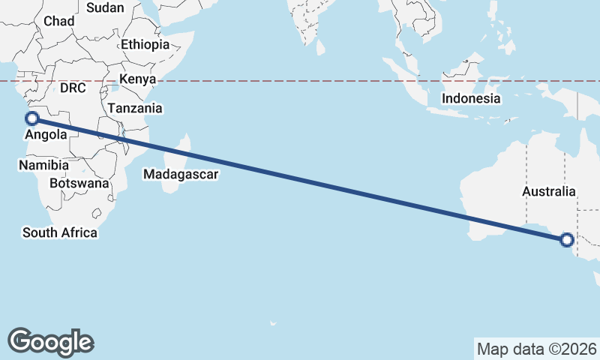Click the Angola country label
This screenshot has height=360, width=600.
pyautogui.click(x=46, y=135)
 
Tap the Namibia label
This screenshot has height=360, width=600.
pyautogui.click(x=44, y=165)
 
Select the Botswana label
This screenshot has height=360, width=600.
pyautogui.click(x=79, y=183)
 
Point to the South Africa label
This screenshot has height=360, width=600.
pyautogui.click(x=60, y=232)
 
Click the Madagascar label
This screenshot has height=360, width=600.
pyautogui.click(x=181, y=175)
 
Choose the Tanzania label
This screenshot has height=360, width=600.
pyautogui.click(x=135, y=108)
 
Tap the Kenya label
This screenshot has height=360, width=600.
pyautogui.click(x=138, y=79)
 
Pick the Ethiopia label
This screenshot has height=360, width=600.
pyautogui.click(x=145, y=44)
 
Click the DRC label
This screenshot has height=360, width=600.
pyautogui.click(x=73, y=88)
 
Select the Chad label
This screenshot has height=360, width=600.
pyautogui.click(x=59, y=21)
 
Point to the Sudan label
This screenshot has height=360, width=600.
pyautogui.click(x=105, y=7)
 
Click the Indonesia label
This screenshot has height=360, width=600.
pyautogui.click(x=471, y=98)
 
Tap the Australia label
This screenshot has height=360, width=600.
pyautogui.click(x=549, y=192)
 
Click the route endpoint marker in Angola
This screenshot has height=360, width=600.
pyautogui.click(x=32, y=118)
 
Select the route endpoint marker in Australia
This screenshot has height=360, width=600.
pyautogui.click(x=567, y=240)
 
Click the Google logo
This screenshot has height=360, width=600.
pyautogui.click(x=50, y=341)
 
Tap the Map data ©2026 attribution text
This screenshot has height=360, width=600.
pyautogui.click(x=537, y=349)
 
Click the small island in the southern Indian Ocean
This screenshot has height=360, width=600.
pyautogui.click(x=273, y=324)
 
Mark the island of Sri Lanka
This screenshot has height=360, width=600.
pyautogui.click(x=321, y=46)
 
